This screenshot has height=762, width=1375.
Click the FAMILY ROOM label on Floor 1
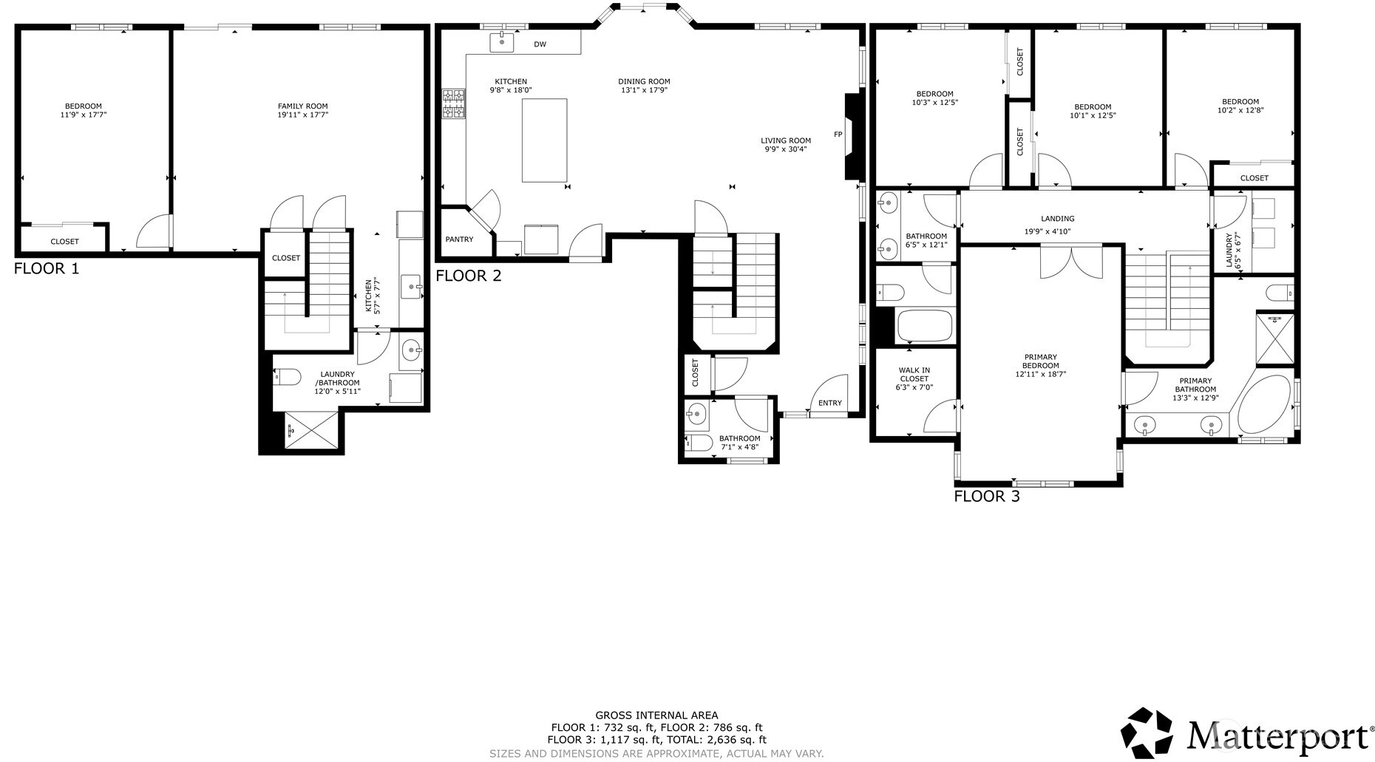pyautogui.click(x=302, y=106)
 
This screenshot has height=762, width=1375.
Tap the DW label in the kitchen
pyautogui.click(x=540, y=44)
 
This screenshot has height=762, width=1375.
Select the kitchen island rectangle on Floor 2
pyautogui.click(x=544, y=140)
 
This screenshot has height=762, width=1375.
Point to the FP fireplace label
pyautogui.click(x=838, y=135)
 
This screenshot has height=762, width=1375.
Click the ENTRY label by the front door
pyautogui.click(x=829, y=403)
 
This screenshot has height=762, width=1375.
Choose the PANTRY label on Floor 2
pyautogui.click(x=459, y=239)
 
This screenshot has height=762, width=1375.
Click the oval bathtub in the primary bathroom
pyautogui.click(x=1265, y=406)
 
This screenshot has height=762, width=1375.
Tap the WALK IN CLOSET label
pyautogui.click(x=914, y=375)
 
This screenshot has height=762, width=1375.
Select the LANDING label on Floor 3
pyautogui.click(x=1057, y=219)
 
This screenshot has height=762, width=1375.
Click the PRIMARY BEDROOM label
pyautogui.click(x=1040, y=361)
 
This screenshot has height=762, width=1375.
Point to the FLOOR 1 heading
pyautogui.click(x=46, y=269)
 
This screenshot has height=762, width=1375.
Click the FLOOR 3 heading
pyautogui.click(x=986, y=497)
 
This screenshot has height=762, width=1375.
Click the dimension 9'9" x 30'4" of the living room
pyautogui.click(x=785, y=149)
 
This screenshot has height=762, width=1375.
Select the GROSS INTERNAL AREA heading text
pyautogui.click(x=656, y=715)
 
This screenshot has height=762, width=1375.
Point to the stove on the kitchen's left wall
pyautogui.click(x=453, y=103)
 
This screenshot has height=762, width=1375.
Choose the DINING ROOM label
pyautogui.click(x=644, y=82)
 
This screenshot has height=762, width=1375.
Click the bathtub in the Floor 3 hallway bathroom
pyautogui.click(x=923, y=325)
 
